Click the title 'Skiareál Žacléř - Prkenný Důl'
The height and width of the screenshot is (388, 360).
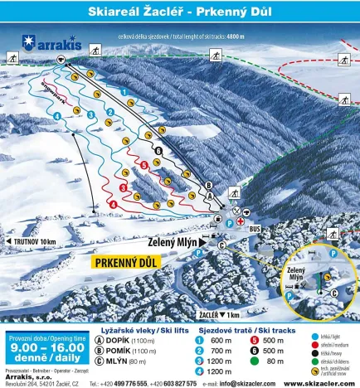pos(179,11)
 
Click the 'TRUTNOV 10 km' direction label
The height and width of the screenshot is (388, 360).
pos(35,241)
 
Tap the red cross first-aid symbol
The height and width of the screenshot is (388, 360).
pos(240,222)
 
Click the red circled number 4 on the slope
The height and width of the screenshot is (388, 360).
pos(113,204)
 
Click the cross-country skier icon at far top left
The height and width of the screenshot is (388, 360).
pos(13,58)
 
